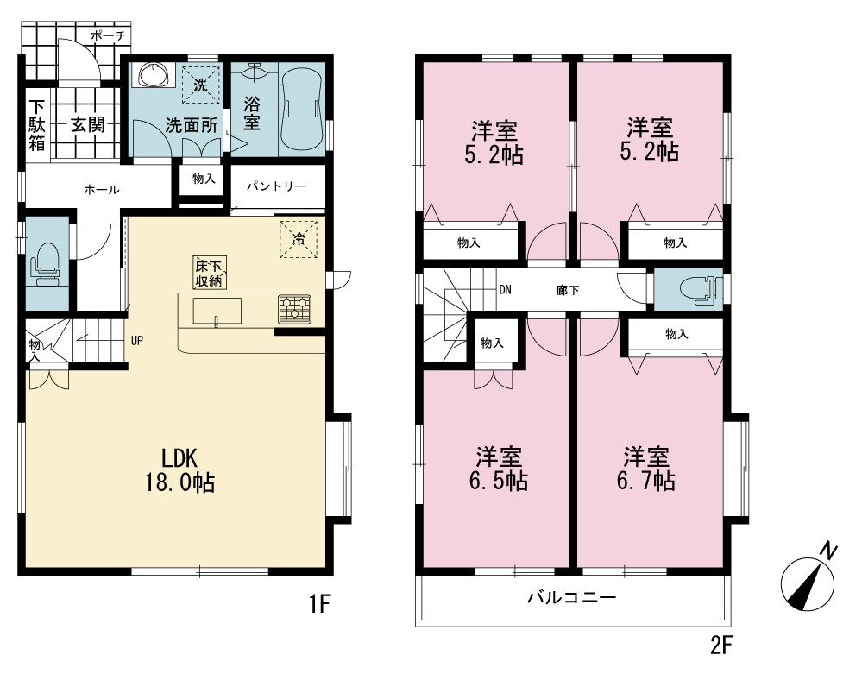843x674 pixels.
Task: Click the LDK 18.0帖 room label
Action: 179,470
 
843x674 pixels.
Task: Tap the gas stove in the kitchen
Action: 294,309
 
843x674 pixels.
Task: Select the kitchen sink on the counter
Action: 217,311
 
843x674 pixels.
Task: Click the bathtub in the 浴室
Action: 302,109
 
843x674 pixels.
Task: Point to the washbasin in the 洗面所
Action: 154,74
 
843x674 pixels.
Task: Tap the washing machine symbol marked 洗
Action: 201,85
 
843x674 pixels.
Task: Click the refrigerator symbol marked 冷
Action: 299,239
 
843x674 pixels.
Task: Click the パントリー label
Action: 276,186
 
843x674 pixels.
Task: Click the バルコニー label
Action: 571,597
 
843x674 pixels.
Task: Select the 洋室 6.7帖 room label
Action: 646,469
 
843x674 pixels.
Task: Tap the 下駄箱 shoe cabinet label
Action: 37,125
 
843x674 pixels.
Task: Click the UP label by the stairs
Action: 137,341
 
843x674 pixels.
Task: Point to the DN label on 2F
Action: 505,290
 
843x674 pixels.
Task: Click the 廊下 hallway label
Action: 568,291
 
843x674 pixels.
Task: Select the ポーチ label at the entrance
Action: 108,36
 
